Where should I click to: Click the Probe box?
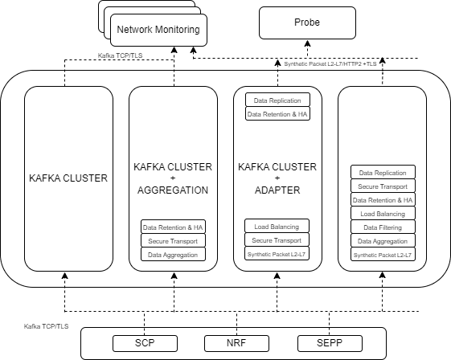pos(306,22)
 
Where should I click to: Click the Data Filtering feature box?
pos(383,227)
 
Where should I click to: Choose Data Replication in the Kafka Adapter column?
pos(277,100)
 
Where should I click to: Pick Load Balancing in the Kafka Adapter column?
pos(277,227)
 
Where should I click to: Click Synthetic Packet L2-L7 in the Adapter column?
pos(277,254)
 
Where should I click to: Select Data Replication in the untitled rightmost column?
pos(383,172)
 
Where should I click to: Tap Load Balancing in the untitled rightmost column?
pos(383,214)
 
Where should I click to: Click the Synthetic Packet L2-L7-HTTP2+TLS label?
pos(332,63)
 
